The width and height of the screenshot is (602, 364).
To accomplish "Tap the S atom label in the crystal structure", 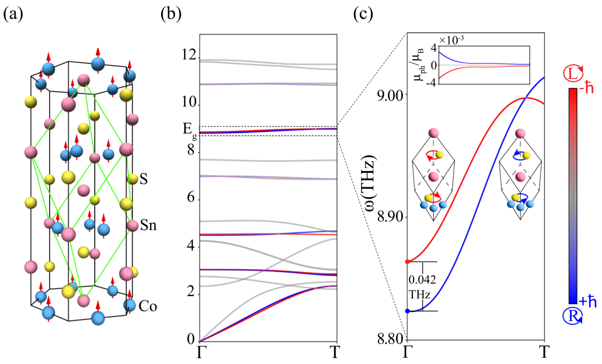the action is tap(144, 179).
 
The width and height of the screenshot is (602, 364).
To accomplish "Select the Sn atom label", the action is tap(148, 225).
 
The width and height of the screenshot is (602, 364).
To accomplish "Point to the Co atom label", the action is tap(148, 307).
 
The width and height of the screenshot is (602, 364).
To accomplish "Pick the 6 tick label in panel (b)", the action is tap(191, 198).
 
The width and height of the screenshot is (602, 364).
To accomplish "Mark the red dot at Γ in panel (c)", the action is tap(407, 262).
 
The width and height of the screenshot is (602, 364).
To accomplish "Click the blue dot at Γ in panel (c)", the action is tap(407, 311).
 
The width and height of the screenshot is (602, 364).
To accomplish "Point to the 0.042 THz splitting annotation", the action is tap(423, 287).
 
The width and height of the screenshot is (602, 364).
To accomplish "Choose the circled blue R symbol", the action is tap(572, 316).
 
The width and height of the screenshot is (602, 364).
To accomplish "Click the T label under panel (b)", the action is tap(336, 352).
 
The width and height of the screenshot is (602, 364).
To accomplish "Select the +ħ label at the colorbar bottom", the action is tap(588, 302).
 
